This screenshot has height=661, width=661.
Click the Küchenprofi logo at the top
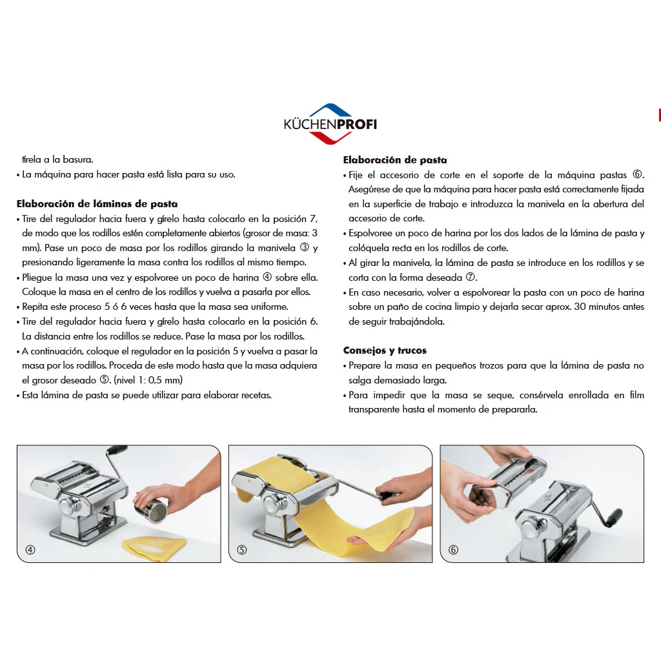pos(330,124)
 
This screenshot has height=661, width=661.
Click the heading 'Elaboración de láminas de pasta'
pos(97,204)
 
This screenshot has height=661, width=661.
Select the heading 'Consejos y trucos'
pos(385,351)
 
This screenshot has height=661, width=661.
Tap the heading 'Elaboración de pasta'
pos(395,160)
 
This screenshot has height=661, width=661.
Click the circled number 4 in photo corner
pos(30,550)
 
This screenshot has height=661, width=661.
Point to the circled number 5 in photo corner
pos(242,550)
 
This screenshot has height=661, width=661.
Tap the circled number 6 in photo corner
pos(454,550)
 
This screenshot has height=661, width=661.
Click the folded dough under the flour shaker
pos(154,548)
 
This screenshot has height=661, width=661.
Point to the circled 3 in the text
pos(305,247)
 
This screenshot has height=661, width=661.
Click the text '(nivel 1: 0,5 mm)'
pos(148,380)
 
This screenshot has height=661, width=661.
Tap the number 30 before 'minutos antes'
pos(580,307)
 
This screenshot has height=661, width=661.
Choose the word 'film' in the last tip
pos(636,395)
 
